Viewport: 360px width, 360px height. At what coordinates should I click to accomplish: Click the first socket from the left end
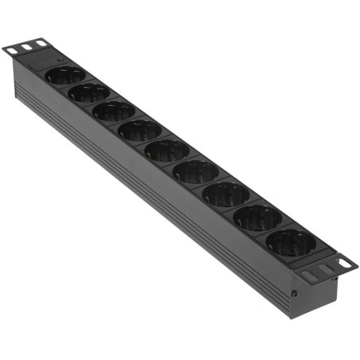pos(65,76)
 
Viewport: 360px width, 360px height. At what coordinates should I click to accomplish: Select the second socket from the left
pos(89,93)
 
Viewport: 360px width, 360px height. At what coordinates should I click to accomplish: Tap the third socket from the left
pos(114,112)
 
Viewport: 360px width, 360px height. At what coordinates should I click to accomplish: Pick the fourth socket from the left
pos(140,131)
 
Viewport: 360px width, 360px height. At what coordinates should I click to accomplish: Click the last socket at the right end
pos(290,242)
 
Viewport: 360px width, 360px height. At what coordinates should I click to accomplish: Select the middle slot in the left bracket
pos(27,46)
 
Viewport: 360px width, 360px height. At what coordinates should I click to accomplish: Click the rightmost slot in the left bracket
pos(40,42)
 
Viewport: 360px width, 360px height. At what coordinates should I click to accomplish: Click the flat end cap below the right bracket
pos(315,295)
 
